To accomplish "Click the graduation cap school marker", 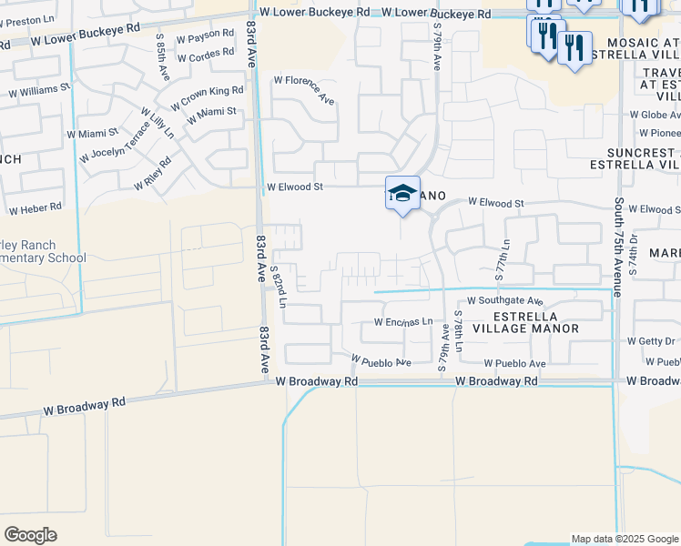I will click(x=402, y=194).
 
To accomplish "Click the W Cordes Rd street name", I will click(x=208, y=57).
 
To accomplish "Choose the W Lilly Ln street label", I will click(x=158, y=123).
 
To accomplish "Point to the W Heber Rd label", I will click(x=36, y=207).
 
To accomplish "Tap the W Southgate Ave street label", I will click(x=505, y=300).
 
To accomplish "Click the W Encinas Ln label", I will click(x=402, y=323).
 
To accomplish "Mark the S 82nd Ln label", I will click(x=279, y=286).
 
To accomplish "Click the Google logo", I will click(x=30, y=535).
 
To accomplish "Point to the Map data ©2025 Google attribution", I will click(x=624, y=539).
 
